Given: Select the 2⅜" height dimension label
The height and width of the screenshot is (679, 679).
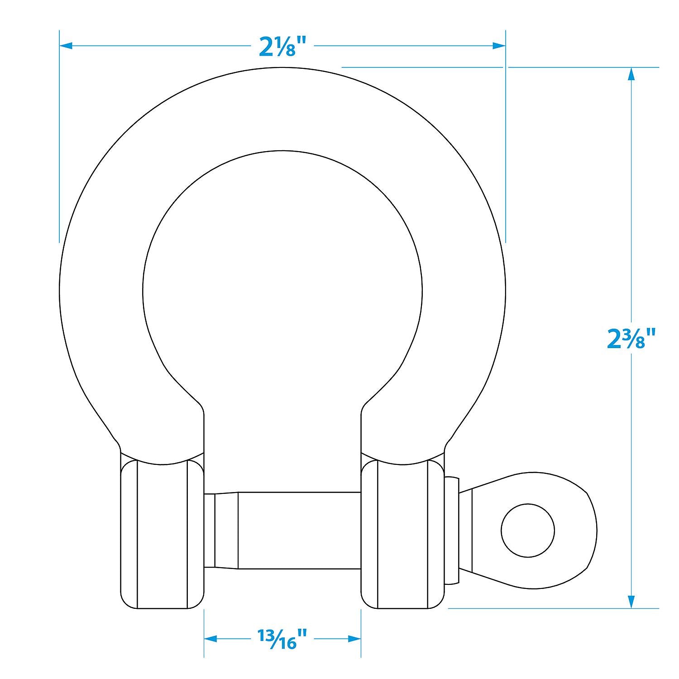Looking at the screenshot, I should point(631,339).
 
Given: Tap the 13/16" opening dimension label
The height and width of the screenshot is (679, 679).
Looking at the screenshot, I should point(282,638).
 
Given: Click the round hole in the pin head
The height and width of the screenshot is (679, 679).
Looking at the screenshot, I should point(528,530).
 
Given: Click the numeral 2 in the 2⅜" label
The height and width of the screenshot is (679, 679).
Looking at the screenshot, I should point(615,340).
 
